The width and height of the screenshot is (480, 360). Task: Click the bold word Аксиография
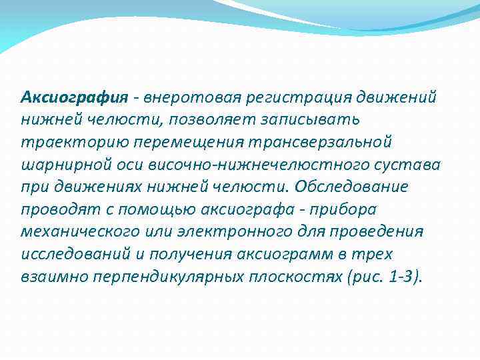point(73,97)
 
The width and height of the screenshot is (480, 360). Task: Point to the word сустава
point(413,165)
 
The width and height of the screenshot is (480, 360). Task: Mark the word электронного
point(239,232)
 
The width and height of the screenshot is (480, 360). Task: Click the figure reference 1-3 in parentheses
point(399,277)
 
